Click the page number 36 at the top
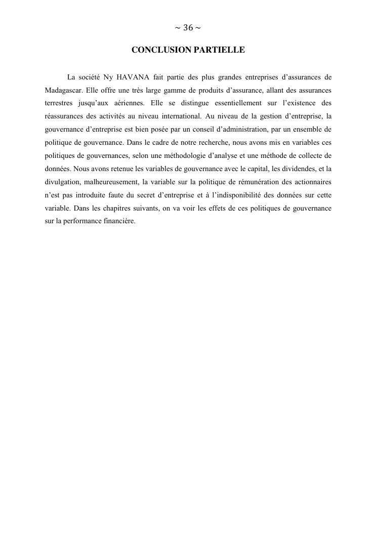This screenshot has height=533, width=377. (x=188, y=28)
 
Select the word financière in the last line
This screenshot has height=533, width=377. (x=120, y=221)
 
